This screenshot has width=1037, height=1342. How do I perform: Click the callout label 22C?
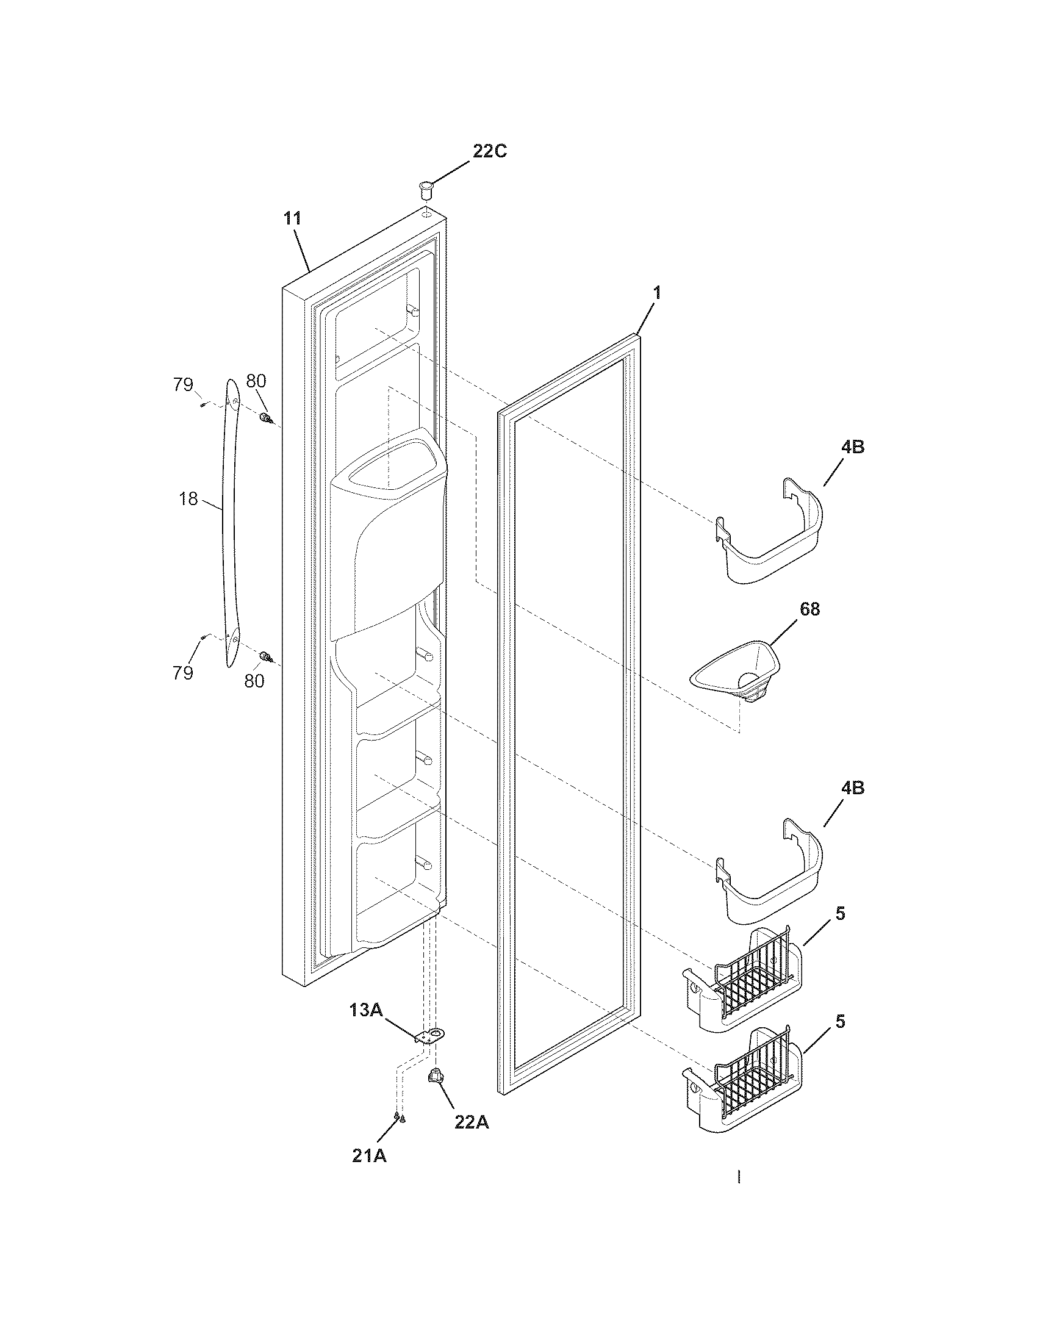click(x=489, y=151)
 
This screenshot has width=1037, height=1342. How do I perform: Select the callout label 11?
click(x=293, y=219)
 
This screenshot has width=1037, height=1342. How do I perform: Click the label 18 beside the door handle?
click(x=188, y=499)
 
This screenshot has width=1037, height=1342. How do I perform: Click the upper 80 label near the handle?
click(x=256, y=382)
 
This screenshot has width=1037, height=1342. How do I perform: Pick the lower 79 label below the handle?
click(x=183, y=673)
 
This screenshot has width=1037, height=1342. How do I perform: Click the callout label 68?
click(x=809, y=609)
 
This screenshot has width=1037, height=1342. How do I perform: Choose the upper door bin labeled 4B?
click(x=771, y=534)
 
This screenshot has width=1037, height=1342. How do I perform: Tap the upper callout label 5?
click(x=841, y=914)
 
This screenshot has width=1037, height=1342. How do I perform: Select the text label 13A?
click(x=366, y=1010)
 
